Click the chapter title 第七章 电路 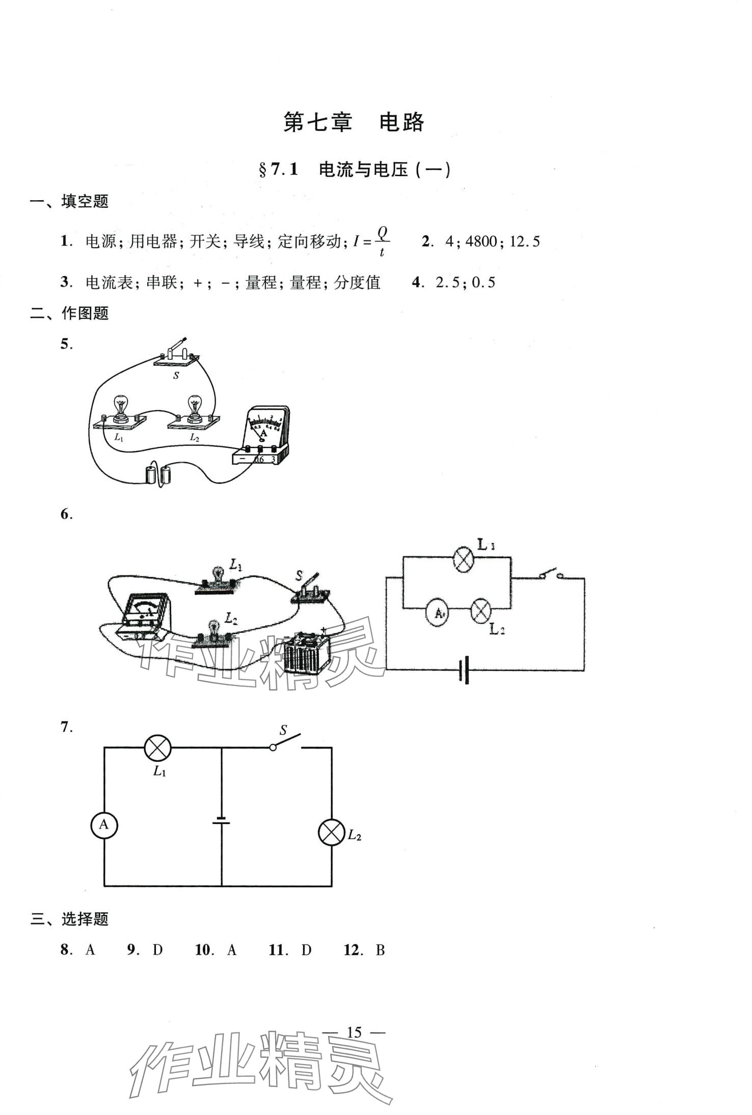(354, 123)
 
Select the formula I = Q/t (371, 242)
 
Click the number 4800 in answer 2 (481, 242)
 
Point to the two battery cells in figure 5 (158, 474)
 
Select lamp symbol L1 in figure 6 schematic (464, 559)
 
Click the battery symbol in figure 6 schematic (464, 670)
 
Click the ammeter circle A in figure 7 (104, 825)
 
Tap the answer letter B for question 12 (380, 950)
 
